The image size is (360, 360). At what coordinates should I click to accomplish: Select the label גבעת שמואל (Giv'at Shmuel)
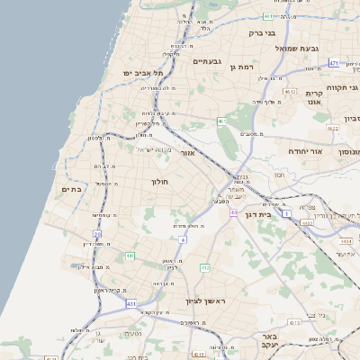pos(292,48)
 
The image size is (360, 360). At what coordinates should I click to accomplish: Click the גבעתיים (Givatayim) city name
pos(207,61)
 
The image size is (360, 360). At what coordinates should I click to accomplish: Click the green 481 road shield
pos(268,16)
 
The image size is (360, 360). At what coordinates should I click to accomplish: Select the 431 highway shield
pos(130,304)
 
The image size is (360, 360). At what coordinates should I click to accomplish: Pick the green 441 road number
pos(130,256)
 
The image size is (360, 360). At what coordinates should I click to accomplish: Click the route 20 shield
pos(97,234)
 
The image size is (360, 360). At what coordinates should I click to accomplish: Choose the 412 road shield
pos(204,267)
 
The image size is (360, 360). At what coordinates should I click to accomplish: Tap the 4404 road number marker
pos(346,241)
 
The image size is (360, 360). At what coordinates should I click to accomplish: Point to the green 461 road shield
pos(221,121)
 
